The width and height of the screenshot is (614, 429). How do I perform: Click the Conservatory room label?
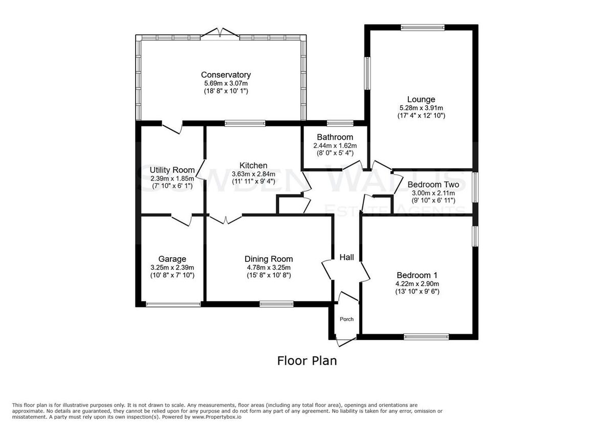click(226, 75)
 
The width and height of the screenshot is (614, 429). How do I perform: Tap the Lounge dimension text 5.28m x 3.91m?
click(421, 108)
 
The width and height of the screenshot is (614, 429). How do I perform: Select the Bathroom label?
click(335, 137)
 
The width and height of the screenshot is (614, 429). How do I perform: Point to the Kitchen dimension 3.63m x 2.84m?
click(254, 174)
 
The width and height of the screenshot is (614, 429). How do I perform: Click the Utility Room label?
click(172, 170)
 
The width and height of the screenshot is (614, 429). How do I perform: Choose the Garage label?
click(172, 259)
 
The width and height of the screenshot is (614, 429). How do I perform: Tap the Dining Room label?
click(269, 259)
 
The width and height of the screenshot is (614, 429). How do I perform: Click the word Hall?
click(347, 257)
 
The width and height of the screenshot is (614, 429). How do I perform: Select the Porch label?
click(347, 319)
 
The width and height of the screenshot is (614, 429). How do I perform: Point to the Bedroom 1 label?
click(417, 275)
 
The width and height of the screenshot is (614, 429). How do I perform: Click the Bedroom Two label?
click(433, 185)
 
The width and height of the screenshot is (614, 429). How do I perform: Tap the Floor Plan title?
click(307, 361)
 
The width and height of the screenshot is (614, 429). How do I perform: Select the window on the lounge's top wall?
click(423, 28)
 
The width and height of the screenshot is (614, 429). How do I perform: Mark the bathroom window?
click(340, 123)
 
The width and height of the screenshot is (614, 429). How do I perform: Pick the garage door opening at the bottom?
click(173, 304)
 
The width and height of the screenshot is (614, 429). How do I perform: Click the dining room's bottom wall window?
click(276, 304)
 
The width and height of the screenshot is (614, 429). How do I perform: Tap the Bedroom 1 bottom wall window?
click(427, 336)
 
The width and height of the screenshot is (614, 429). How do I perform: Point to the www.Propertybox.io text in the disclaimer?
click(216, 417)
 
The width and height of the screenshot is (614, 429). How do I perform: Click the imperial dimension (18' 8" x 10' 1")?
click(226, 91)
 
